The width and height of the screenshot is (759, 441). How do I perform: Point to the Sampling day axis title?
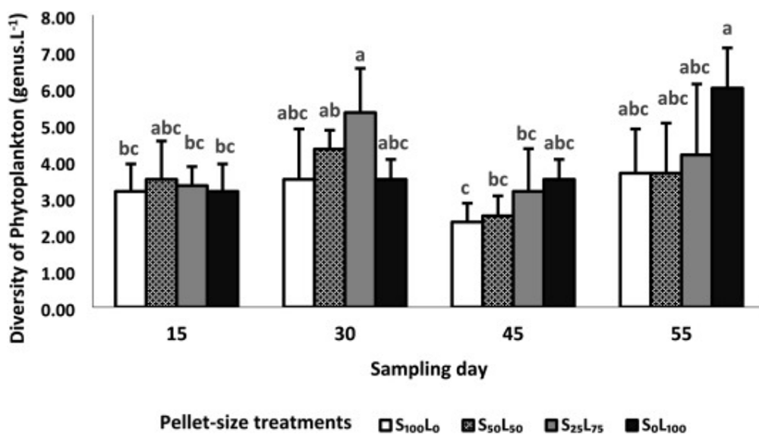tap(429, 370)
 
